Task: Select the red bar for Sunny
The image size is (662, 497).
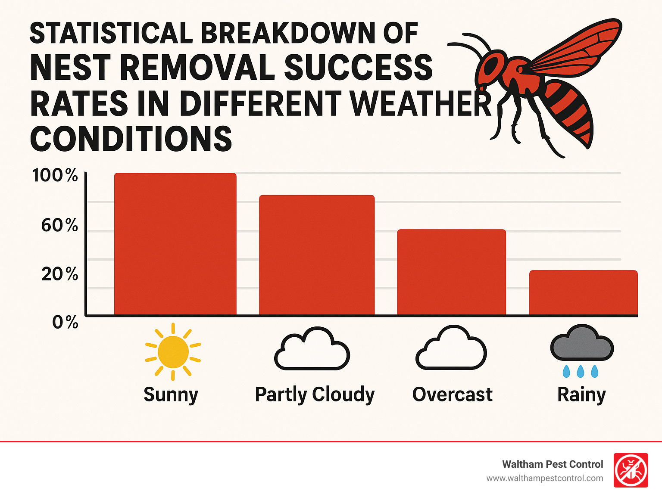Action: pos(175,244)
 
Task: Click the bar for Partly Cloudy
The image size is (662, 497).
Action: pos(317,255)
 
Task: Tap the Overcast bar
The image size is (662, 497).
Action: pos(451,272)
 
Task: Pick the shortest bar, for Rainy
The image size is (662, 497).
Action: pos(583,292)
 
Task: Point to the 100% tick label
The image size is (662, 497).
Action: pos(55,176)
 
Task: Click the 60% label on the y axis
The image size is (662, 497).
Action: pos(59,225)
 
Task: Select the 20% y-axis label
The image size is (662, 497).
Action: pos(59,274)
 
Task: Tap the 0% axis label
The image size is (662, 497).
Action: pos(65,322)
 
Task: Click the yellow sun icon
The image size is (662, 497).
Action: pos(173,352)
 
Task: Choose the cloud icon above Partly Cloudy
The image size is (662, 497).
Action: pos(312,349)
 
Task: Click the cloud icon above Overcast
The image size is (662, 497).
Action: pos(451,348)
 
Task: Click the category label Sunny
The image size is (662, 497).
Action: pos(171,394)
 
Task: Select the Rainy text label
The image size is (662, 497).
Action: pos(581,394)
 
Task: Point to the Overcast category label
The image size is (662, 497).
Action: pos(452,394)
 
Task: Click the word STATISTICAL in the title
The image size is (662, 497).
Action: pos(111,33)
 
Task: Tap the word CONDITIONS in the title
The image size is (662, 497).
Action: pos(131,139)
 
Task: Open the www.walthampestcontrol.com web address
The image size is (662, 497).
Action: pos(545,478)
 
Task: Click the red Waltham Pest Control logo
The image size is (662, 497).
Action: pos(631,470)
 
